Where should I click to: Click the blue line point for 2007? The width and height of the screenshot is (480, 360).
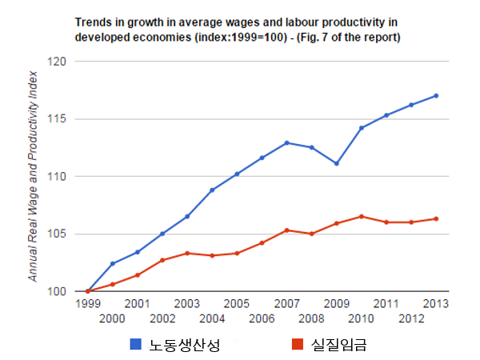pos(286,142)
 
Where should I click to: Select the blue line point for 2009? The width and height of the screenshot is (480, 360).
pos(336,163)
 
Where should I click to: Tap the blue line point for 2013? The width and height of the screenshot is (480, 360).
pos(436,95)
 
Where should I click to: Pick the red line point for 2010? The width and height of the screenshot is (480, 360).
pos(361,216)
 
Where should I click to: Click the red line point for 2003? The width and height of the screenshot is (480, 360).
pos(186,253)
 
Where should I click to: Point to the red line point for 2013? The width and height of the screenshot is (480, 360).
pos(436,218)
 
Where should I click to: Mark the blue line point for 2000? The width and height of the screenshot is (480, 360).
pos(112,263)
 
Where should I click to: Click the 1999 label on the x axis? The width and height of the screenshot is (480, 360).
pos(87,304)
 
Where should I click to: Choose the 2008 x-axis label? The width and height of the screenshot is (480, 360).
pos(311,318)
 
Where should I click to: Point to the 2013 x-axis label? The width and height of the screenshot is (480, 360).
pos(436,304)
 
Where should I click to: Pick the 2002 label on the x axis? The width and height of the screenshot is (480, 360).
pos(162,318)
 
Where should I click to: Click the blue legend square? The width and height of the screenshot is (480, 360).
pos(136,344)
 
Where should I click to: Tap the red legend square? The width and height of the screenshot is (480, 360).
pos(298,344)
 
